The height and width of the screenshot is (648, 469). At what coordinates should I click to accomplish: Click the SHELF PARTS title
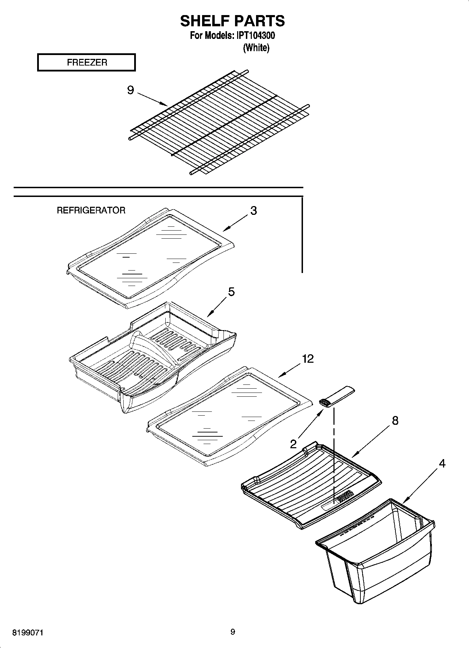coord(232,21)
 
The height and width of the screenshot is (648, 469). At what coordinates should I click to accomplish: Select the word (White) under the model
coord(256,48)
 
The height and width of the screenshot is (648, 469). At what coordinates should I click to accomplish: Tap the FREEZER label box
coord(87,62)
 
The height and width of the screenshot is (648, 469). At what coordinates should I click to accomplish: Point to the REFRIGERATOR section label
coord(91,210)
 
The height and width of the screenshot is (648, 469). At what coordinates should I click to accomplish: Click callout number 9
coord(130,90)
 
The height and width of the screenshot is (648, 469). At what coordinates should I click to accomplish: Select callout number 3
coord(253,211)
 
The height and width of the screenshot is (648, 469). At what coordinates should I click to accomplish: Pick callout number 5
coord(231,292)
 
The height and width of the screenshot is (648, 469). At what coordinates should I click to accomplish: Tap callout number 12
coord(308,359)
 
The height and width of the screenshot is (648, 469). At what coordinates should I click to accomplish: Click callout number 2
coord(293,444)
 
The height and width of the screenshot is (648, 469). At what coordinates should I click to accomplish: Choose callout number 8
coord(395,420)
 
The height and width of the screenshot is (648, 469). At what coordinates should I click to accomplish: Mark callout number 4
coord(442,463)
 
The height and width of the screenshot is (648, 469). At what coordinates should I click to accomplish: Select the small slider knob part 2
coord(337,396)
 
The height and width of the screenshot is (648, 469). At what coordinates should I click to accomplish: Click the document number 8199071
coord(28,633)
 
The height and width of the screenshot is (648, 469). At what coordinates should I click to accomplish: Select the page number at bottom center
coord(233,632)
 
